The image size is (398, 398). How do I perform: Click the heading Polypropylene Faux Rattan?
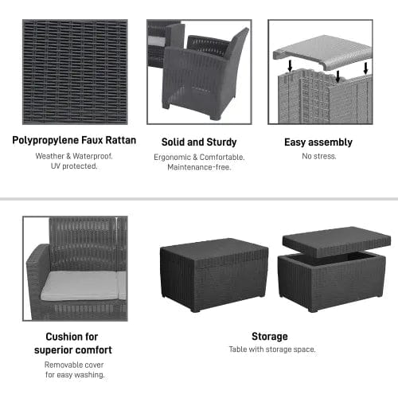click(x=74, y=141)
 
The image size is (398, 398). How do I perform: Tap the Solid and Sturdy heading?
click(x=199, y=142)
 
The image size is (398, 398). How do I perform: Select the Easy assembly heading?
click(x=318, y=142)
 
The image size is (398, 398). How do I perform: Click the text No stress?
click(x=319, y=156)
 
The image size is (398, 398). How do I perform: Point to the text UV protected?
click(x=74, y=166)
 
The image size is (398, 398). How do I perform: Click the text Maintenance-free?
click(x=199, y=167)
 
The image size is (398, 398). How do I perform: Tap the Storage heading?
click(x=270, y=337)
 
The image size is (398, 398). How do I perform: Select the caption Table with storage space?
click(x=272, y=349)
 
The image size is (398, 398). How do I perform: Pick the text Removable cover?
click(x=74, y=365)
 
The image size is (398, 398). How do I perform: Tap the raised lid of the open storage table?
click(x=337, y=241)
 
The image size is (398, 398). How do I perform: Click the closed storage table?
click(x=214, y=274)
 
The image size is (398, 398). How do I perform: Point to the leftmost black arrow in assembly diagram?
click(x=290, y=66)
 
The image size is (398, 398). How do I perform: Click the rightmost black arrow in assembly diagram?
click(x=366, y=68)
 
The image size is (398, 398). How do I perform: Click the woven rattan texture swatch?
click(x=75, y=72)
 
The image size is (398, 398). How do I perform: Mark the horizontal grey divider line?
click(x=199, y=199)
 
